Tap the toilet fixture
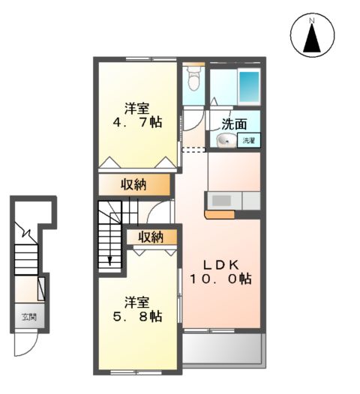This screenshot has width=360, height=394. (194, 79)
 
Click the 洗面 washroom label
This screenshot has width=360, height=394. (235, 124)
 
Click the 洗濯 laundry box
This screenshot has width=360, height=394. (248, 140)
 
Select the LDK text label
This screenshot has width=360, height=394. (219, 264)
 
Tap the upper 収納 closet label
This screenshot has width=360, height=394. (133, 184)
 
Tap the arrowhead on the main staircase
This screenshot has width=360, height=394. (109, 260)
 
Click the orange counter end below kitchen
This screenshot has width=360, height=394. (217, 213)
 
